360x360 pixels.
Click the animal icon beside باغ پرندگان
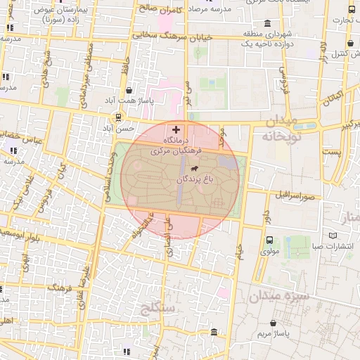point(192,169)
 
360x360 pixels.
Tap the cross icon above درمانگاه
point(175,129)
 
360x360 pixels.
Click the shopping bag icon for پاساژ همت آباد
point(129,90)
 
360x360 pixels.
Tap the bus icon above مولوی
point(269,240)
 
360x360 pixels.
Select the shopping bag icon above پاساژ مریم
point(273,323)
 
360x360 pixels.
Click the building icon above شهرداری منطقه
point(267,23)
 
